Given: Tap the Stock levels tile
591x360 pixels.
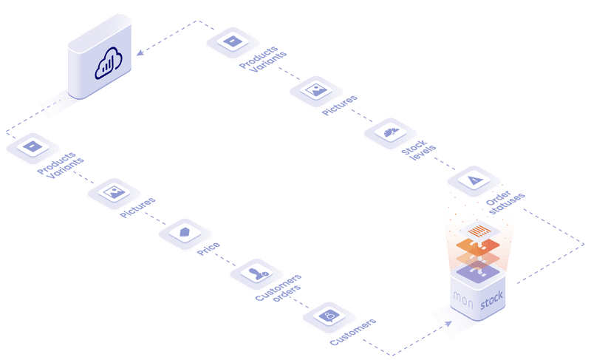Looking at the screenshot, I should tap(390, 133).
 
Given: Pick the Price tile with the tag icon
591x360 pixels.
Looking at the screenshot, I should tap(185, 232).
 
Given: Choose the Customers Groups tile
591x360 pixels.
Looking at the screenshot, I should tap(256, 274).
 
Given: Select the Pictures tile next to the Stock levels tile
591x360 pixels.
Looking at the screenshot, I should tap(316, 90).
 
